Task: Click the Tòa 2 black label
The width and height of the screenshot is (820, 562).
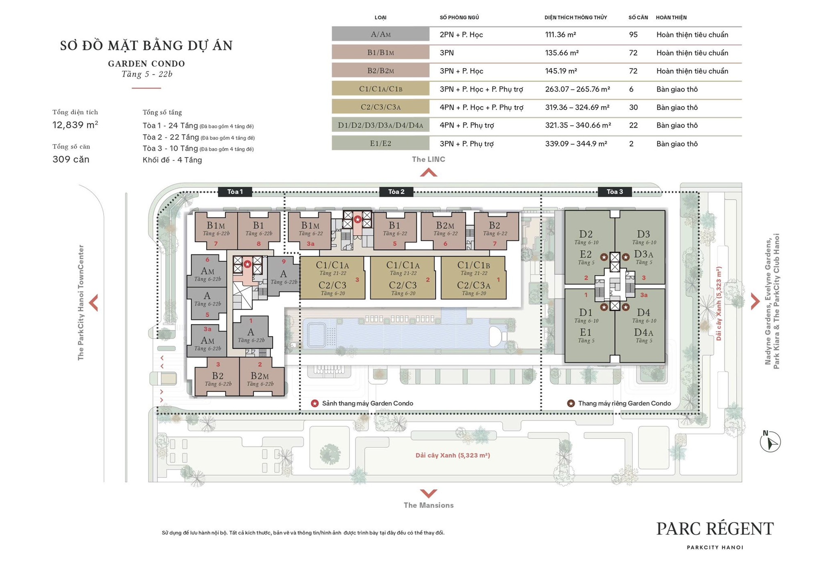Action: [x=396, y=192]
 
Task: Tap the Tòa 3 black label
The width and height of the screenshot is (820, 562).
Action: [x=614, y=192]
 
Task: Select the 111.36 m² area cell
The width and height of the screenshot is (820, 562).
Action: [x=560, y=34]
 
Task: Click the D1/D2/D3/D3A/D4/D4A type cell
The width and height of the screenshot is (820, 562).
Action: [x=380, y=125]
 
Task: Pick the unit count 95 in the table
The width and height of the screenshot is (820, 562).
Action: [x=633, y=34]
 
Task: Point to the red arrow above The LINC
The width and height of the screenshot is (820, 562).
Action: [x=428, y=173]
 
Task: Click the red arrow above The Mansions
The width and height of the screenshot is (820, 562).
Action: [x=428, y=493]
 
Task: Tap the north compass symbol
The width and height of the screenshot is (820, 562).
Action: [x=770, y=441]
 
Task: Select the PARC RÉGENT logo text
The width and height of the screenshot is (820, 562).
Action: [x=715, y=529]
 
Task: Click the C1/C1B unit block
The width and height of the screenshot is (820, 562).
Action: [x=474, y=278]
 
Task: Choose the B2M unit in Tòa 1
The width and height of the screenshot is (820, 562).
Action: [x=260, y=377]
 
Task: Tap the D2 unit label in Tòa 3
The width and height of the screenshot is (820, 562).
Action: [x=585, y=234]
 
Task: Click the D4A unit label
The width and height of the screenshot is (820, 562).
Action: [x=643, y=333]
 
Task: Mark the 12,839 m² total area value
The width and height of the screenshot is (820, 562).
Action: [x=75, y=125]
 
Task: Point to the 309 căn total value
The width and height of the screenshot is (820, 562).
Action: [x=71, y=160]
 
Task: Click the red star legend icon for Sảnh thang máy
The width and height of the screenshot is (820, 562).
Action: [x=314, y=403]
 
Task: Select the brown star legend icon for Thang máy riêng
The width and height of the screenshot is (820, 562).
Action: [x=570, y=403]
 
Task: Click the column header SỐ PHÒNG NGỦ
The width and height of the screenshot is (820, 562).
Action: [x=459, y=17]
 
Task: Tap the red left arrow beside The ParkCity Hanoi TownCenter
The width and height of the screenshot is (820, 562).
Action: [x=94, y=303]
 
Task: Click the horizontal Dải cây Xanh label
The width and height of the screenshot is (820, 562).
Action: [x=452, y=455]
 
